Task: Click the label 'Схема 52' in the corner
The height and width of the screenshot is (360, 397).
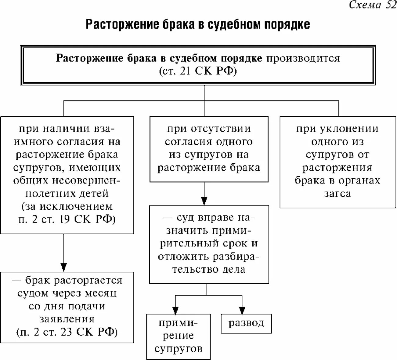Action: click(x=372, y=5)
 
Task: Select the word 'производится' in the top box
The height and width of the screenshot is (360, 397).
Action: click(x=303, y=58)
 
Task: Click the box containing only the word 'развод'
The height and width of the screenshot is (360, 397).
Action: click(x=246, y=323)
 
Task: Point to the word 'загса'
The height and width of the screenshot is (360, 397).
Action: click(x=337, y=194)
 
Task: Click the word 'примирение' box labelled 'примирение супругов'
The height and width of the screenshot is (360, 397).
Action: click(x=179, y=329)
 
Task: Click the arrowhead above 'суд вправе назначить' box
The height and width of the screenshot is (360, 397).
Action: click(x=204, y=201)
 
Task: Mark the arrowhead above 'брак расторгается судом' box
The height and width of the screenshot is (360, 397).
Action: click(x=63, y=267)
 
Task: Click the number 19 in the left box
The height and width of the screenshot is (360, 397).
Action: click(x=64, y=220)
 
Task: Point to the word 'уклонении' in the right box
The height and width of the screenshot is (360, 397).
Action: click(x=349, y=129)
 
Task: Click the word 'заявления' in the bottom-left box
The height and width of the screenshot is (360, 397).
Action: click(x=67, y=319)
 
